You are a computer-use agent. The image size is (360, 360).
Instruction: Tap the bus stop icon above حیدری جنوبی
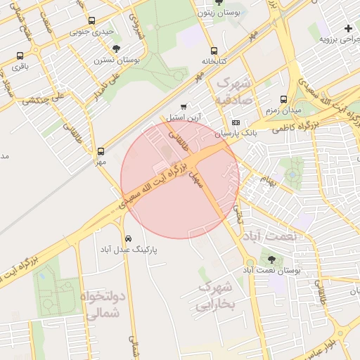[92, 22]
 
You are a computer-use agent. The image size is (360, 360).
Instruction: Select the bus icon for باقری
[20, 56]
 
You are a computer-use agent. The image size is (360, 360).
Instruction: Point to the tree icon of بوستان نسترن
[116, 49]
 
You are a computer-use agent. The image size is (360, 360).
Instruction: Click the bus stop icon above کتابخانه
[214, 51]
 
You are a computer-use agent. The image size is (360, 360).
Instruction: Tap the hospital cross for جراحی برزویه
[348, 28]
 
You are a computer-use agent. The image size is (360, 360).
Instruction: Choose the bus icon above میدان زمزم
[283, 100]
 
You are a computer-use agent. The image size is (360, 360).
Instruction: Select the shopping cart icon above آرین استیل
[184, 107]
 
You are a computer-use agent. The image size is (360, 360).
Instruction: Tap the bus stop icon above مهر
[101, 150]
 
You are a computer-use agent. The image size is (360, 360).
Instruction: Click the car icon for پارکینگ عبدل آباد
[127, 238]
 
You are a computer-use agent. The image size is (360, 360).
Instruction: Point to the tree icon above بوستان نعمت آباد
[272, 259]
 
